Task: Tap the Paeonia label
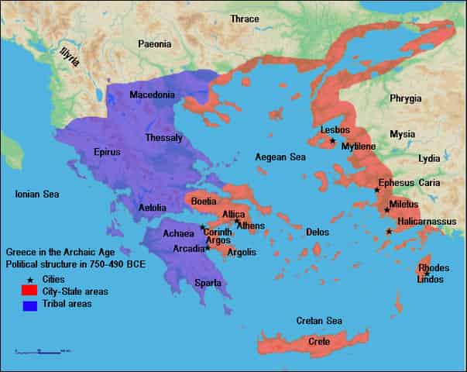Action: click(x=155, y=44)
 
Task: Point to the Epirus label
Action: click(x=107, y=152)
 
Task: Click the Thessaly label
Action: click(x=163, y=138)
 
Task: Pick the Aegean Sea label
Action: click(x=280, y=157)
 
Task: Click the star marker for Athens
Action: click(x=237, y=222)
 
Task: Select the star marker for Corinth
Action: click(x=202, y=228)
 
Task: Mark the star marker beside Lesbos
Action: click(x=332, y=140)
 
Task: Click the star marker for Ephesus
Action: click(x=377, y=190)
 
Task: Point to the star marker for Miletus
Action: click(x=386, y=209)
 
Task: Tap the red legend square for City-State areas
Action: click(x=31, y=291)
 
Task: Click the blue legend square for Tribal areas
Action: click(x=31, y=305)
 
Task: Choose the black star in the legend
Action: click(x=31, y=279)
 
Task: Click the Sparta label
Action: click(x=207, y=283)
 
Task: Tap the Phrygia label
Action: click(x=406, y=98)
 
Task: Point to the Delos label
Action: click(x=318, y=232)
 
